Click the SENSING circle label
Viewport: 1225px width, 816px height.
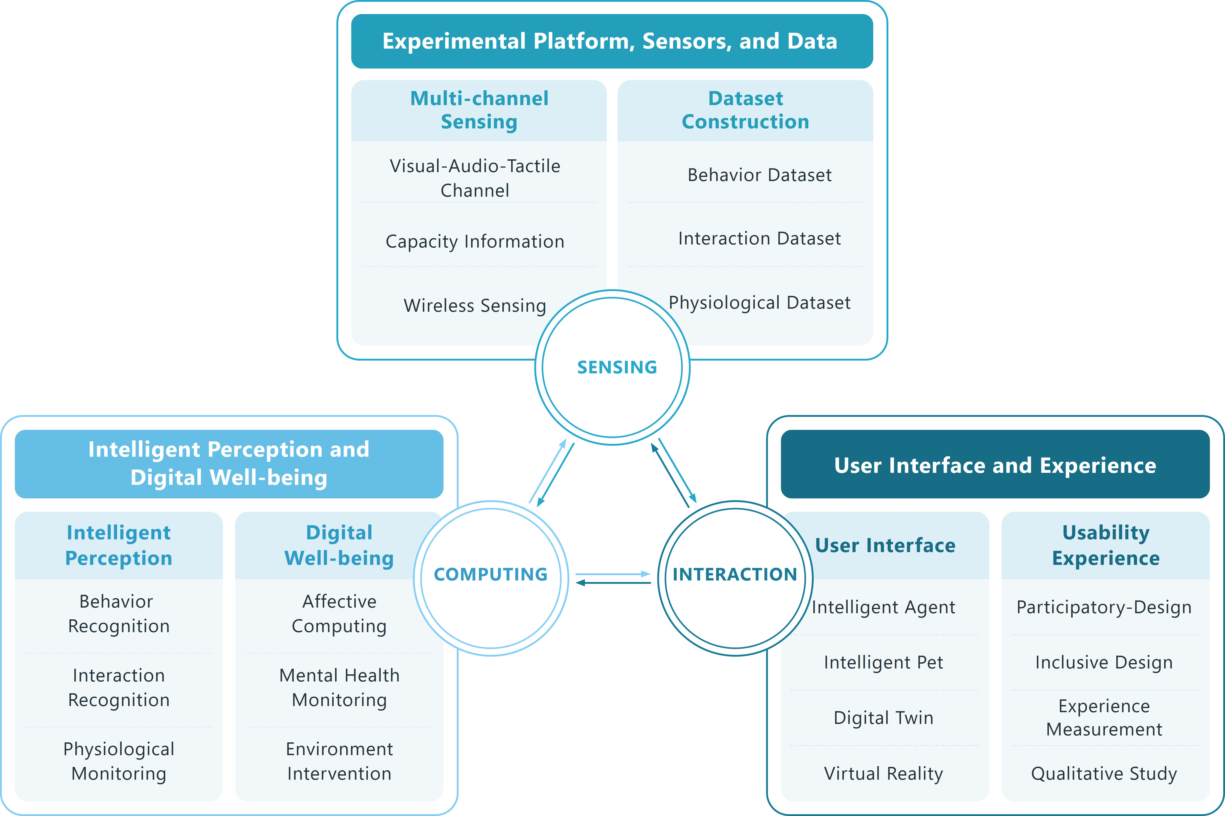click(617, 367)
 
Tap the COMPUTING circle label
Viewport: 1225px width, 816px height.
click(491, 575)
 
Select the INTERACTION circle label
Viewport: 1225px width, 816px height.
click(734, 575)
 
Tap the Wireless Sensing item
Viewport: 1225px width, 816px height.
click(475, 306)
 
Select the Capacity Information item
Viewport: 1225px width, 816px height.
click(475, 241)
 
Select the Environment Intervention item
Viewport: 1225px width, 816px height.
click(339, 761)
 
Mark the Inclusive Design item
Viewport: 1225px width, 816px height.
click(1104, 663)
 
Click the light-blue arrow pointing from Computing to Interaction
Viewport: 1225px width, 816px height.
click(613, 574)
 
